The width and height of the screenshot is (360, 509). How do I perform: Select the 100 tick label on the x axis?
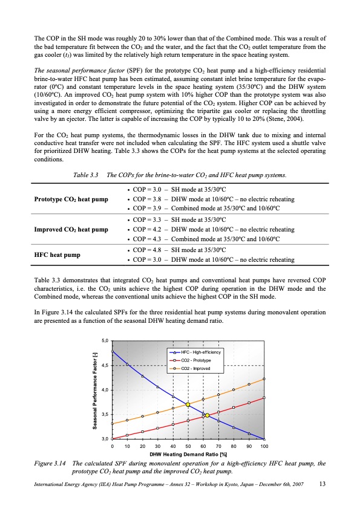(x=264, y=446)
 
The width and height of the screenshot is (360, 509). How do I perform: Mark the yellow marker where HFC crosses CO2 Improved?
(x=188, y=405)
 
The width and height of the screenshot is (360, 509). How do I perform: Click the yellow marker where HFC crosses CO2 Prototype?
(x=207, y=415)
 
